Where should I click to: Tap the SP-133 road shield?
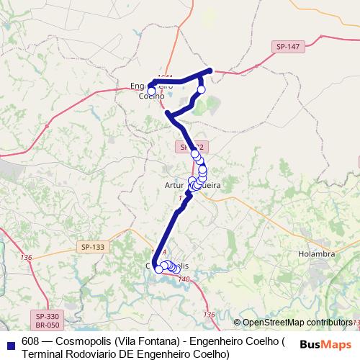(91, 246)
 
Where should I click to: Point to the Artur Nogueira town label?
(192, 185)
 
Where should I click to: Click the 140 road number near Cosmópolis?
(184, 279)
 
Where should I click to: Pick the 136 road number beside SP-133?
(27, 257)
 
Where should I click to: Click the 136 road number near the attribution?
(209, 315)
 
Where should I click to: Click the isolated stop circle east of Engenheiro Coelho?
(202, 89)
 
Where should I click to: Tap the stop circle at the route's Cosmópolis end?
(158, 269)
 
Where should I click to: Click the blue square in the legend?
(9, 342)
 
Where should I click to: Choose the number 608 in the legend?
(30, 341)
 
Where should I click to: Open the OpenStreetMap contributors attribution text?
(297, 323)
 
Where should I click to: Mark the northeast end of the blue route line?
(210, 70)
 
